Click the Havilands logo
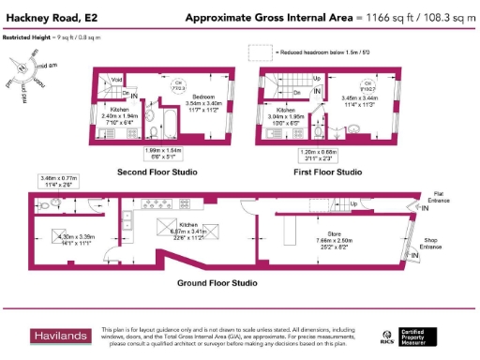click(x=63, y=336)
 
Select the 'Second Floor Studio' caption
click(x=157, y=172)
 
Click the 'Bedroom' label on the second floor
click(x=205, y=97)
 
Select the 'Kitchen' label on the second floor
click(x=106, y=109)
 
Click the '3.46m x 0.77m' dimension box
click(x=55, y=180)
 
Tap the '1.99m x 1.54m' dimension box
click(x=178, y=154)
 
